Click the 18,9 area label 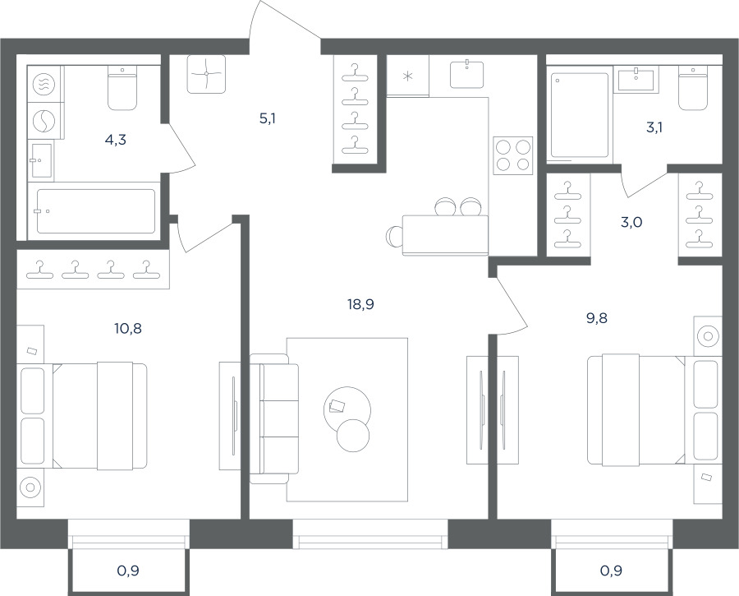[360, 305]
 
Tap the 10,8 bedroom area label [128, 329]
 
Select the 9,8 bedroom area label [597, 318]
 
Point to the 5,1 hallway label [267, 119]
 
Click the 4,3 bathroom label [116, 140]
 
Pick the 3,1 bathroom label [654, 127]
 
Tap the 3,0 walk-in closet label [631, 222]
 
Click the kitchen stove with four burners [512, 155]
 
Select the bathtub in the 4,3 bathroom [96, 211]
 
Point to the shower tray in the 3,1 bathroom [579, 114]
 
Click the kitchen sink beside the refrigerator [466, 75]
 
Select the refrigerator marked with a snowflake [407, 76]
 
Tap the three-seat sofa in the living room [273, 418]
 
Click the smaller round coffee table [353, 436]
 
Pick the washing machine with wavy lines [44, 85]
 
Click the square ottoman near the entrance [206, 74]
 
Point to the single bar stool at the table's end [393, 236]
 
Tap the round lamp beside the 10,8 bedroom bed [30, 487]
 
